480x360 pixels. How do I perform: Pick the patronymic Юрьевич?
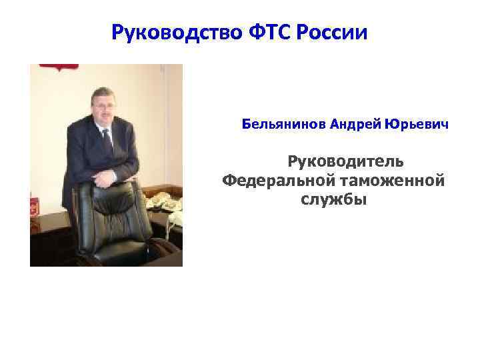416,125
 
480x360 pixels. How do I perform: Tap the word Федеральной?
276,181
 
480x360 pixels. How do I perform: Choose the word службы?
333,199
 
